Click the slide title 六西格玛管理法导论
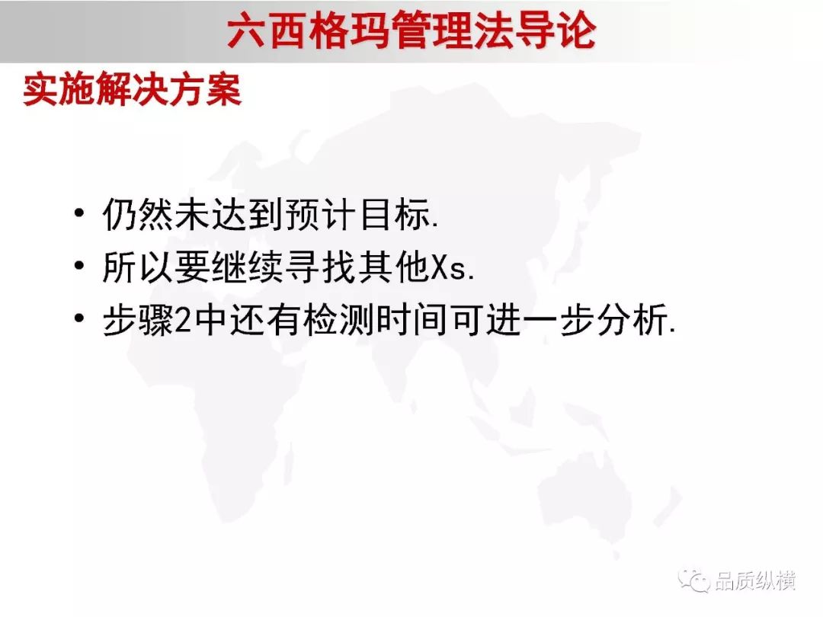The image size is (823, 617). click(x=411, y=30)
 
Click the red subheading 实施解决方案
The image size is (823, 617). click(x=133, y=89)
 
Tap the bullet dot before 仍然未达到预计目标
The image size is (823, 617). click(x=79, y=213)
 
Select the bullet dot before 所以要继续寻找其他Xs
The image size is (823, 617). click(x=79, y=266)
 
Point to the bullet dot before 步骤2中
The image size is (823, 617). click(x=79, y=318)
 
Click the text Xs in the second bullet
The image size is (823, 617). click(x=449, y=267)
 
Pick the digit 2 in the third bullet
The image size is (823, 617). click(x=182, y=319)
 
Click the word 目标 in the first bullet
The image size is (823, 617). click(x=395, y=214)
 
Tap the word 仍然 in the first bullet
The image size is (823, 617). click(x=137, y=214)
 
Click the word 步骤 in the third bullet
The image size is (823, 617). click(x=138, y=319)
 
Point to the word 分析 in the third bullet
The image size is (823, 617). click(x=632, y=319)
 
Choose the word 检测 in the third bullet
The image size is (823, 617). click(x=338, y=319)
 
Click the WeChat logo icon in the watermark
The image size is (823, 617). click(x=693, y=580)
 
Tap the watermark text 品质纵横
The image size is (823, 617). click(x=755, y=580)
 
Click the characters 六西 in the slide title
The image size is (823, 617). click(x=267, y=30)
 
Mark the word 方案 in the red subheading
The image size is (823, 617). click(x=205, y=89)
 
